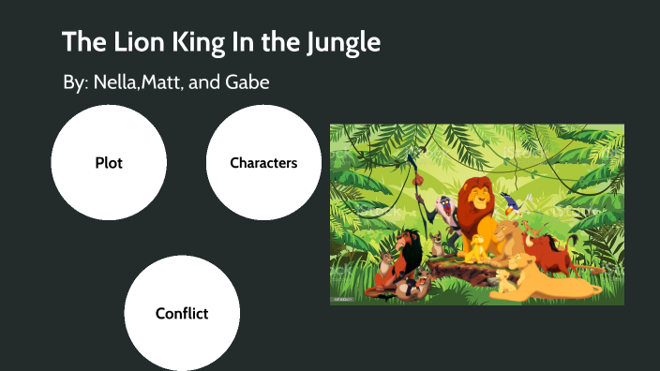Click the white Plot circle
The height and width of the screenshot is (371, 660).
pos(109,163)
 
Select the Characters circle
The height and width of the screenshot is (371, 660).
pos(263,163)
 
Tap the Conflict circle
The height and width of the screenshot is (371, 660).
pos(182,313)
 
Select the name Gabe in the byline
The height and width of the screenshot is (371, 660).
pos(247,83)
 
